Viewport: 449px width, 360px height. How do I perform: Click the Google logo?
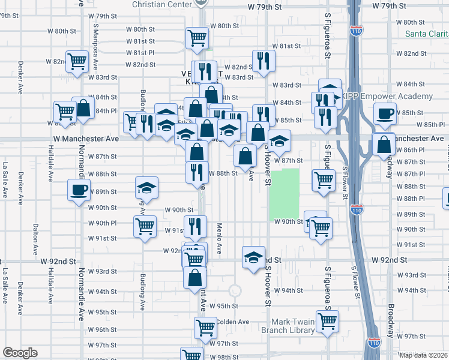point(20,353)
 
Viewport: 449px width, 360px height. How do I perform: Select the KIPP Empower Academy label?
point(388,97)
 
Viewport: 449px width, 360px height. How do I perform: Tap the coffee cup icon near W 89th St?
point(78,191)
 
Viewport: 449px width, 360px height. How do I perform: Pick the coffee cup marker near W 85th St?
point(384,113)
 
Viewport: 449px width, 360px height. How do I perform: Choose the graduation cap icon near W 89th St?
point(146,188)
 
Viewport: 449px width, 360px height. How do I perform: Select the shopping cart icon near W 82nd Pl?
point(77,61)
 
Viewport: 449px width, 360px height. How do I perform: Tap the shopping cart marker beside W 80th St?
point(196,38)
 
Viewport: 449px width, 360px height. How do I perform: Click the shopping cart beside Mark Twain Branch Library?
point(327,322)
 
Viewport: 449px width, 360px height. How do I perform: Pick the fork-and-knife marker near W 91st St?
point(195,227)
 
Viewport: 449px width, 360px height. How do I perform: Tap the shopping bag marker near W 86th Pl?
point(383,145)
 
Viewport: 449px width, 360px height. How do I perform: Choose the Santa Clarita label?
point(426,34)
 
